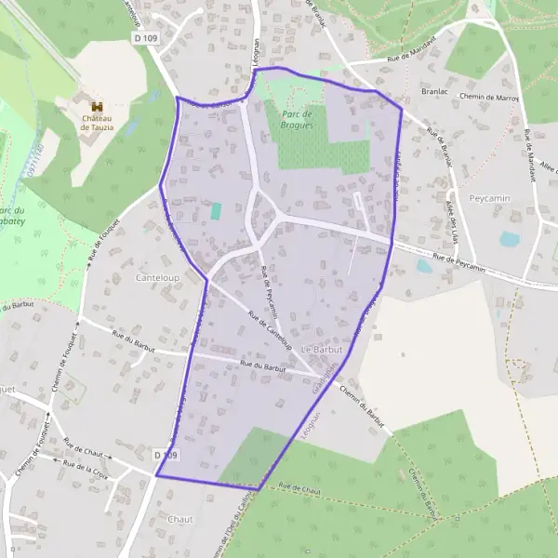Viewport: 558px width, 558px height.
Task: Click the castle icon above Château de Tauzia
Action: point(96,106)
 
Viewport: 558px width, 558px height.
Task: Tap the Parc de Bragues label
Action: point(297,118)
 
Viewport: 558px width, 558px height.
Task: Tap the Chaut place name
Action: point(181,519)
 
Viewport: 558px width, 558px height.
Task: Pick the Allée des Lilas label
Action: point(458,219)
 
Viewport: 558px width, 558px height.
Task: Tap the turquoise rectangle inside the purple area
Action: point(216,211)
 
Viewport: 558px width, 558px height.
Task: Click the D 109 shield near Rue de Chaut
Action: point(166,455)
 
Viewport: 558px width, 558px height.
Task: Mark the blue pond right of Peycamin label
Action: point(510,239)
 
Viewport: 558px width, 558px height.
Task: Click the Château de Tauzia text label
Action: point(96,124)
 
